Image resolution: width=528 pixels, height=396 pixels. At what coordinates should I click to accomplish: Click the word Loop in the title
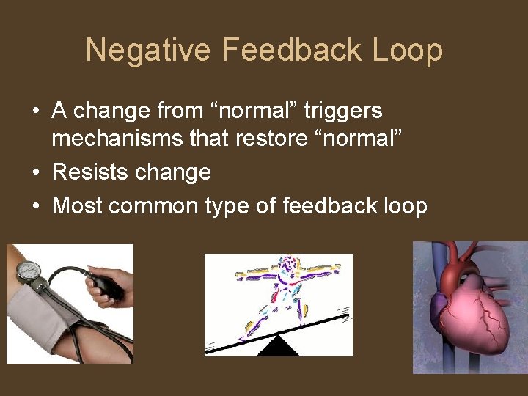pos(408,51)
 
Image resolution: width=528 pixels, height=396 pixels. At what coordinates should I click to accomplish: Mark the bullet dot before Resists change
pos(36,173)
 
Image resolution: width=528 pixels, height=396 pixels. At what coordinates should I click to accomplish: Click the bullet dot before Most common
pos(36,207)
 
